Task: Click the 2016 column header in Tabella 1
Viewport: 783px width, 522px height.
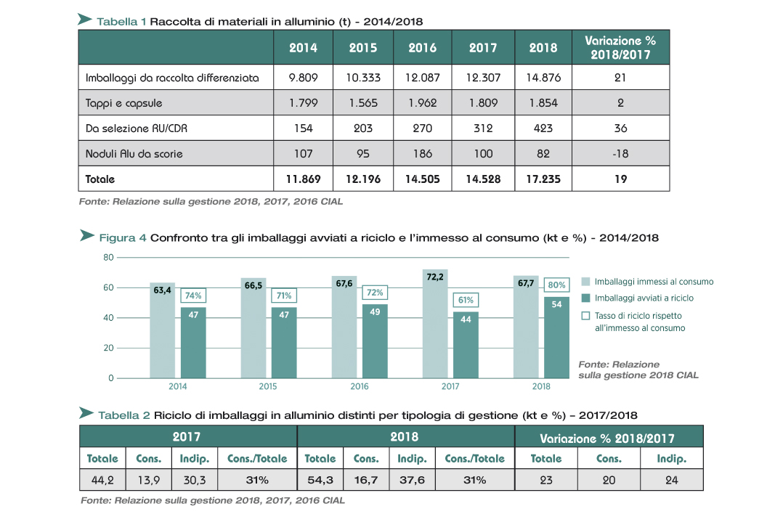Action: [x=423, y=47]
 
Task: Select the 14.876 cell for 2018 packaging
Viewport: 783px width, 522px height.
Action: [x=543, y=78]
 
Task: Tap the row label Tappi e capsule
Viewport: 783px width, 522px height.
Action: [x=123, y=103]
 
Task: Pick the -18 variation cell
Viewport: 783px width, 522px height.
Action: [x=620, y=153]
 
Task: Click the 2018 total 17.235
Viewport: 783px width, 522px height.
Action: [x=543, y=179]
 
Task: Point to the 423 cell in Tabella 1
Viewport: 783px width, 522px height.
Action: [x=543, y=129]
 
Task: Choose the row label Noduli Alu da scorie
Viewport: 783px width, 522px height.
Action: [x=134, y=154]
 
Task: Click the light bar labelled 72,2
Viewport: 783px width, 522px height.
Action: [x=435, y=324]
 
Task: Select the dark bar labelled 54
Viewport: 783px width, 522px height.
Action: [x=557, y=338]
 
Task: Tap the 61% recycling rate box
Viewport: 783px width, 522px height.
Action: [x=466, y=300]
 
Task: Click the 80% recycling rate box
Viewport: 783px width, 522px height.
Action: [x=557, y=285]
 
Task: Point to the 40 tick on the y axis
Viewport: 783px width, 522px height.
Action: [x=108, y=318]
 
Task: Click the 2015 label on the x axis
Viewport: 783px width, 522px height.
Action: [x=268, y=386]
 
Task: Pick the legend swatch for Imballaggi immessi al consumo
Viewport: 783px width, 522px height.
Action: [x=585, y=282]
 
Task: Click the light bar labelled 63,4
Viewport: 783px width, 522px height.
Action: [x=162, y=330]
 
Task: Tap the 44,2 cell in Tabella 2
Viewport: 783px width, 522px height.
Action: [x=102, y=480]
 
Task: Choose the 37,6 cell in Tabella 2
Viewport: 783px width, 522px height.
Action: [x=412, y=480]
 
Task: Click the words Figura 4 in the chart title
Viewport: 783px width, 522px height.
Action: [x=123, y=237]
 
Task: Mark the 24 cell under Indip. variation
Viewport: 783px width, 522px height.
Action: [x=672, y=480]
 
